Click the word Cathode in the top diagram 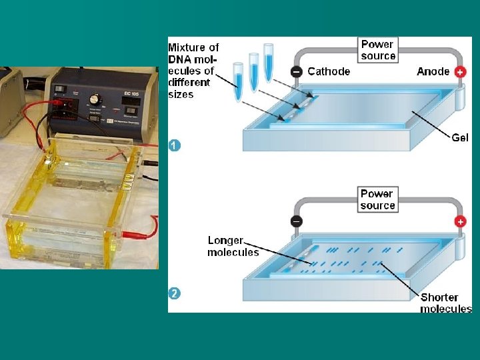pos(329,71)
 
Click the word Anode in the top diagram pos(433,71)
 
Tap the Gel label pos(460,137)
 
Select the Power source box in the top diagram pos(377,50)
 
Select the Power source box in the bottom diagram pos(377,199)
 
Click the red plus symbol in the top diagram pos(460,72)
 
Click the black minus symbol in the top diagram pos(297,72)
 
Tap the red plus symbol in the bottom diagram pos(460,221)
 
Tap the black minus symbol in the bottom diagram pos(297,221)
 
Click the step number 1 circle pos(174,145)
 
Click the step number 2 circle pos(174,293)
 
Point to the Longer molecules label pos(232,246)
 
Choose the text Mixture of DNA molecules pos(193,71)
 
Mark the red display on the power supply pos(67,104)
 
